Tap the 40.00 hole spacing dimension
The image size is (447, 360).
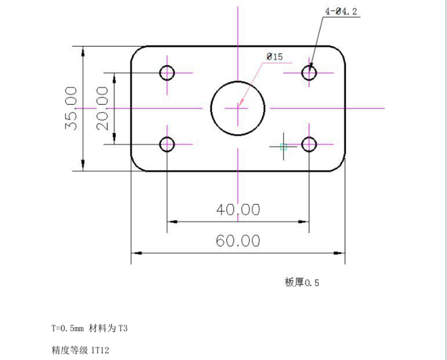238,210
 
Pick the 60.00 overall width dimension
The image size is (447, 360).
238,240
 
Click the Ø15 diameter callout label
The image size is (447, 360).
274,56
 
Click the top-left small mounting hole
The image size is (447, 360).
167,73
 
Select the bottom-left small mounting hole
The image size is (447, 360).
167,144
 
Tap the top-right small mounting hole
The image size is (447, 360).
309,73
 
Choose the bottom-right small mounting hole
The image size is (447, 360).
309,144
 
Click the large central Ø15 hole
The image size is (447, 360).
238,108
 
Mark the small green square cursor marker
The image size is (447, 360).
283,147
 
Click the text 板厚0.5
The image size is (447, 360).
302,282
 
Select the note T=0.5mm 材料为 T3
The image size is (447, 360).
89,329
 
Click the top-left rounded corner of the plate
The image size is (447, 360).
136,51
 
